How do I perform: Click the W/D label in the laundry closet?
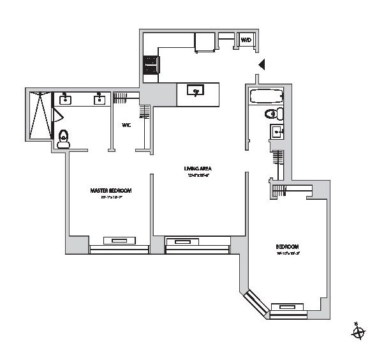[x=246, y=41]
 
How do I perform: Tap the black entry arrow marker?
[x=260, y=64]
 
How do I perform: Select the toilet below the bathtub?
[x=274, y=115]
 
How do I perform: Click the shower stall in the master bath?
[x=40, y=114]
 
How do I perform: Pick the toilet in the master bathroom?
[x=63, y=140]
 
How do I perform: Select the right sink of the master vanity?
[x=100, y=99]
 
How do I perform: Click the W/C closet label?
[x=126, y=125]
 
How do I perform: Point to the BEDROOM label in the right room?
[x=288, y=247]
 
